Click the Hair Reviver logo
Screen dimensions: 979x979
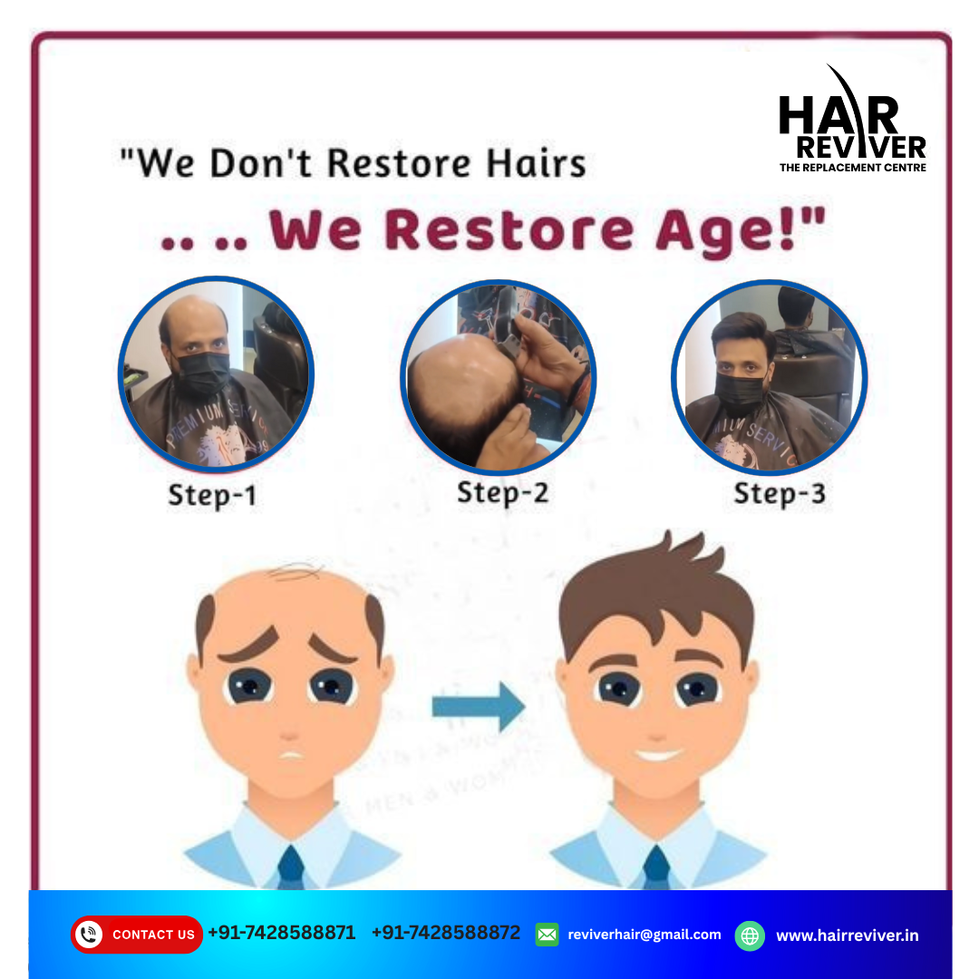(852, 122)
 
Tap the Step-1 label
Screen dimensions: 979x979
(212, 496)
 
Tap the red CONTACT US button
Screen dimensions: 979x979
(137, 934)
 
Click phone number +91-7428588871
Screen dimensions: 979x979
(282, 933)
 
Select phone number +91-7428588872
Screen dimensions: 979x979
(446, 933)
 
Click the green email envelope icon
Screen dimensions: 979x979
(548, 934)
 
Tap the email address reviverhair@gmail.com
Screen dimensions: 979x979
(645, 934)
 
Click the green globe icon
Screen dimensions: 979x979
(750, 935)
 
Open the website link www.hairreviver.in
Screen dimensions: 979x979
(847, 935)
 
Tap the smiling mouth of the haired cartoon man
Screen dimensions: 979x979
(658, 754)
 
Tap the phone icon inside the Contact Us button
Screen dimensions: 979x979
(89, 934)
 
